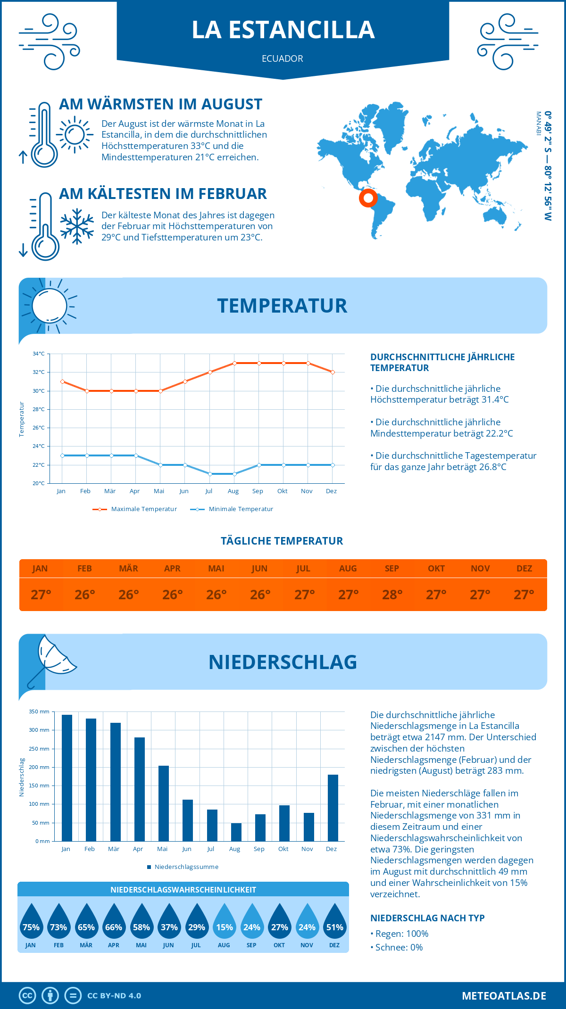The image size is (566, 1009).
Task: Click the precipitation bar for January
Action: (67, 778)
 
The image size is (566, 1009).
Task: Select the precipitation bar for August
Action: (236, 832)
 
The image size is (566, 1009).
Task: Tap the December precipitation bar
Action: (333, 808)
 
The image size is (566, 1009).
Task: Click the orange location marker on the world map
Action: (368, 198)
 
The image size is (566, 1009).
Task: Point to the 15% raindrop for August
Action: (225, 924)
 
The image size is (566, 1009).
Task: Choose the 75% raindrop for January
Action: (31, 924)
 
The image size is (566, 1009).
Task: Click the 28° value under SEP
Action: (392, 595)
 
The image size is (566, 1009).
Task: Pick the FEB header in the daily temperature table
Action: (84, 569)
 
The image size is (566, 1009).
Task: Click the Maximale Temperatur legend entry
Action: (135, 509)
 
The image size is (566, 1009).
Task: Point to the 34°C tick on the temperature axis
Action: (39, 354)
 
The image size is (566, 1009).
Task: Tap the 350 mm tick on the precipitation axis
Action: (39, 711)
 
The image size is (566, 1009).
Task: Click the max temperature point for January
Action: (62, 381)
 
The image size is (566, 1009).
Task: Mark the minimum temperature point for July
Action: (210, 474)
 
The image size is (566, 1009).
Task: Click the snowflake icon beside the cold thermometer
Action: (77, 226)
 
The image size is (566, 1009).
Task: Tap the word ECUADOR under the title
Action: (283, 58)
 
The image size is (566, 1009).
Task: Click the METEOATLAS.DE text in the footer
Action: (504, 996)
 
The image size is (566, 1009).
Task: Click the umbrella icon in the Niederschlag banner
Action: (51, 660)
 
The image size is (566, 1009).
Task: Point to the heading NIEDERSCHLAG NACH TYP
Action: (427, 918)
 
